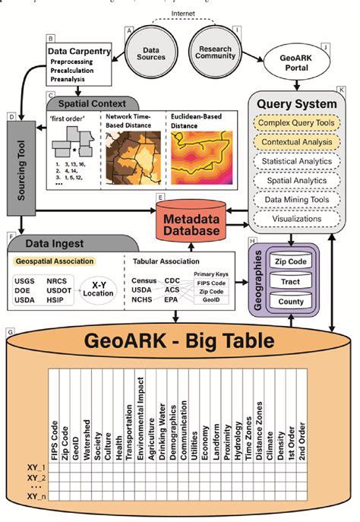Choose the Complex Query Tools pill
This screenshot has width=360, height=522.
(295, 121)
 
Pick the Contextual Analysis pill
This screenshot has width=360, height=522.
(295, 141)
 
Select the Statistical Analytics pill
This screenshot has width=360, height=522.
(295, 160)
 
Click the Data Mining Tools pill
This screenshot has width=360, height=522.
(295, 199)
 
